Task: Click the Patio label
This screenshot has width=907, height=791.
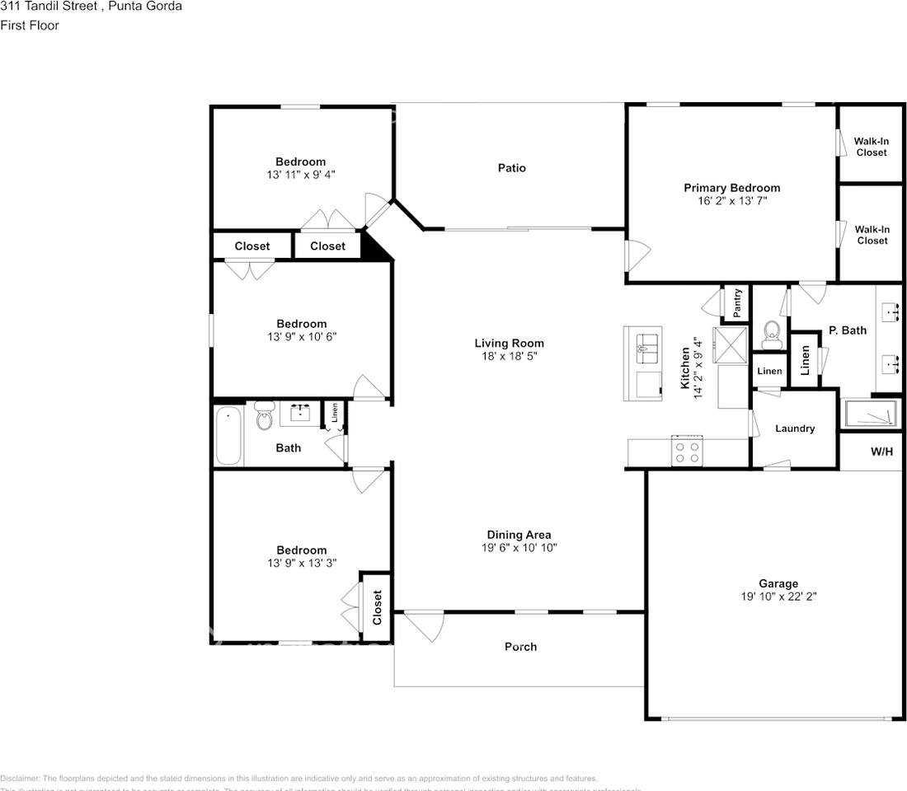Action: [511, 168]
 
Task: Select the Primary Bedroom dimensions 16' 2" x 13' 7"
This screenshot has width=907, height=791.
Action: [731, 200]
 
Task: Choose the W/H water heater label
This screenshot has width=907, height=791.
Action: [881, 452]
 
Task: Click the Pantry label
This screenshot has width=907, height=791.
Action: [737, 303]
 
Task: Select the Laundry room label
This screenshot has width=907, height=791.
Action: [795, 428]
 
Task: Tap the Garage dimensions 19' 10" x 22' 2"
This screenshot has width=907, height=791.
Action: [778, 597]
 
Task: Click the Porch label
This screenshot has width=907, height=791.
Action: [520, 647]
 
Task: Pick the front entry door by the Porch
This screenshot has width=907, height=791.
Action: [424, 626]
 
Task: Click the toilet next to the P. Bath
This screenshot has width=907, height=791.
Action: [772, 332]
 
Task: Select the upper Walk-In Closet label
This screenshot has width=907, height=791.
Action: [871, 147]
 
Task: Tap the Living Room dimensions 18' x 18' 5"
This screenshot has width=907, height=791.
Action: [509, 357]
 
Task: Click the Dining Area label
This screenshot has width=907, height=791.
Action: [519, 535]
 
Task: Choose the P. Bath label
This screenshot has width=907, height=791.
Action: [848, 330]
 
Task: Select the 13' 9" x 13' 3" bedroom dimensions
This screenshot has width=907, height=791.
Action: [301, 563]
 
